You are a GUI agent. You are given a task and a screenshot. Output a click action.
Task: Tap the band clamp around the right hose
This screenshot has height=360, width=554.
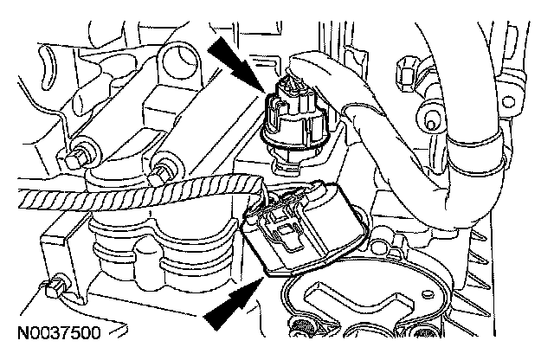(480, 161)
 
